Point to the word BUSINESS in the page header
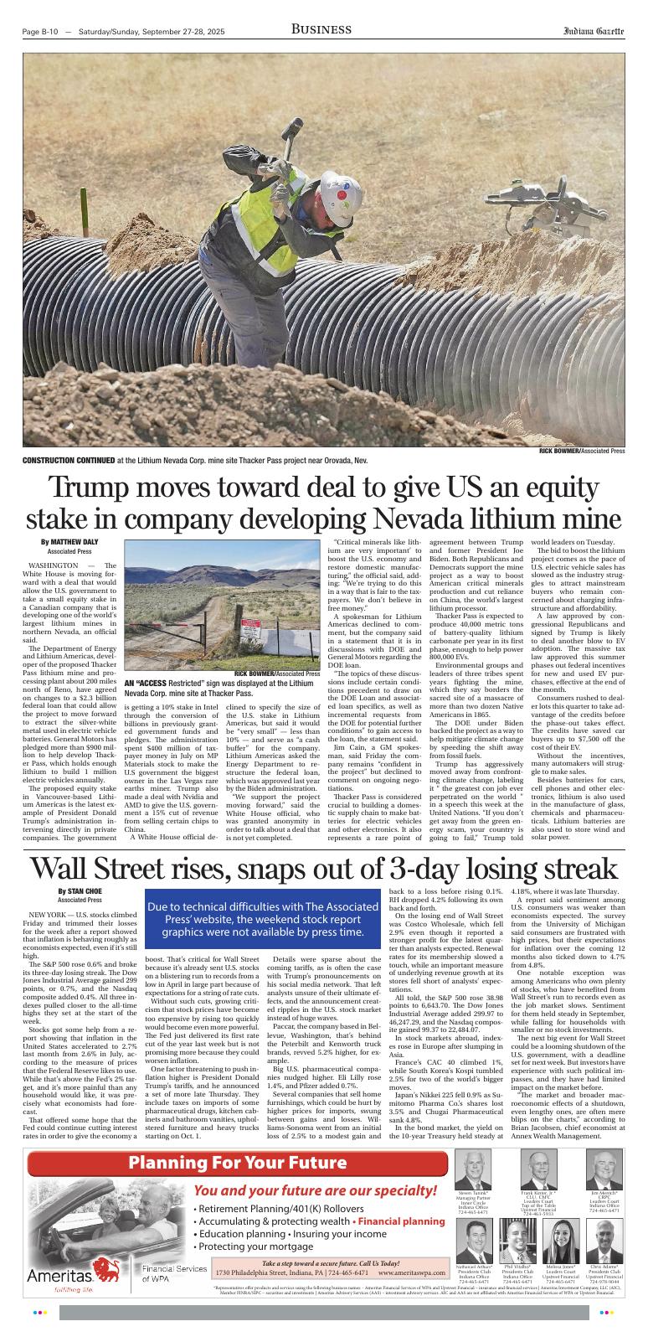tap(321, 30)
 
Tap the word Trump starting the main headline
tap(93, 488)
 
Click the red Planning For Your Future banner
tap(237, 1164)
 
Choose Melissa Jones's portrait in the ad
tap(562, 1236)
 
